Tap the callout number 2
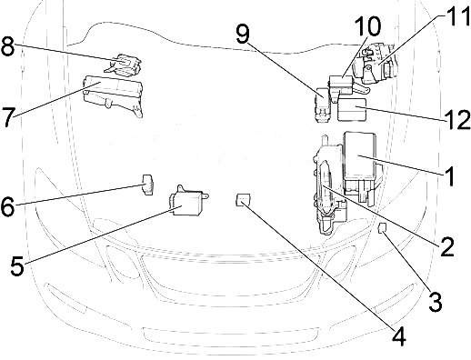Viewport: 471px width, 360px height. [x=446, y=246]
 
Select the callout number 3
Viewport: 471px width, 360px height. [x=436, y=301]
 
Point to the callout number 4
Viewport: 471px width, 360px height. [x=398, y=336]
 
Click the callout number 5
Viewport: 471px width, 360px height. [x=17, y=265]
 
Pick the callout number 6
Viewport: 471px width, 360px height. [x=7, y=206]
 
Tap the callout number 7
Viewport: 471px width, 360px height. [x=8, y=116]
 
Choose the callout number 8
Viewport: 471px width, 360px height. [x=8, y=46]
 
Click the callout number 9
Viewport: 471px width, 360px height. [x=243, y=34]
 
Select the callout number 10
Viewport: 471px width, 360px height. [x=367, y=26]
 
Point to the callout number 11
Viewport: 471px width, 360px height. [x=457, y=15]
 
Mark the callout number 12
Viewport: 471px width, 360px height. [x=458, y=119]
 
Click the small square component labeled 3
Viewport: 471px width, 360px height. [x=383, y=227]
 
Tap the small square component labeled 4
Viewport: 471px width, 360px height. [x=243, y=200]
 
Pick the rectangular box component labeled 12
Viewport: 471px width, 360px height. [x=352, y=109]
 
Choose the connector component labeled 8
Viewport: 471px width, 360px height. [x=124, y=64]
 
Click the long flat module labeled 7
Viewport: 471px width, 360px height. [x=113, y=95]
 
